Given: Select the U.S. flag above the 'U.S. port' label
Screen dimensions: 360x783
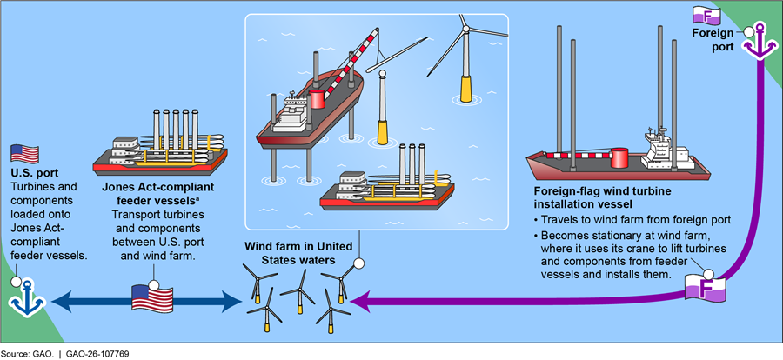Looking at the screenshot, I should click(25, 155).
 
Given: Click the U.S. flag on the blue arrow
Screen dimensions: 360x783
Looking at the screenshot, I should click(153, 300).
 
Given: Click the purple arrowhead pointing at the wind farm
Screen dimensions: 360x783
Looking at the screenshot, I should click(360, 302).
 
